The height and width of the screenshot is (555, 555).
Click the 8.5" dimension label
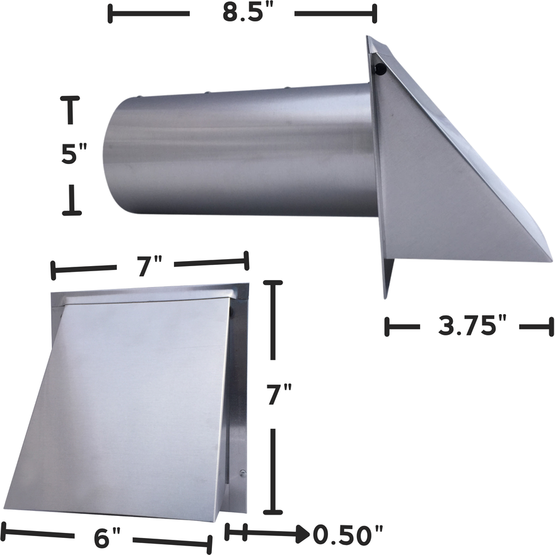(242, 14)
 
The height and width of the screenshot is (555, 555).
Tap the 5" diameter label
(74, 154)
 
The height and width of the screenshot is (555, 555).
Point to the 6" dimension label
(107, 538)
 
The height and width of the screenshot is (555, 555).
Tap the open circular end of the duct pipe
(120, 155)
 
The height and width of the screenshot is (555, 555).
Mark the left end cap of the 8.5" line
(110, 14)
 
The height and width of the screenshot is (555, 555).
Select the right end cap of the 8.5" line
(375, 14)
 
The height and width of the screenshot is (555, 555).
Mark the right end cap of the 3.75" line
(551, 327)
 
